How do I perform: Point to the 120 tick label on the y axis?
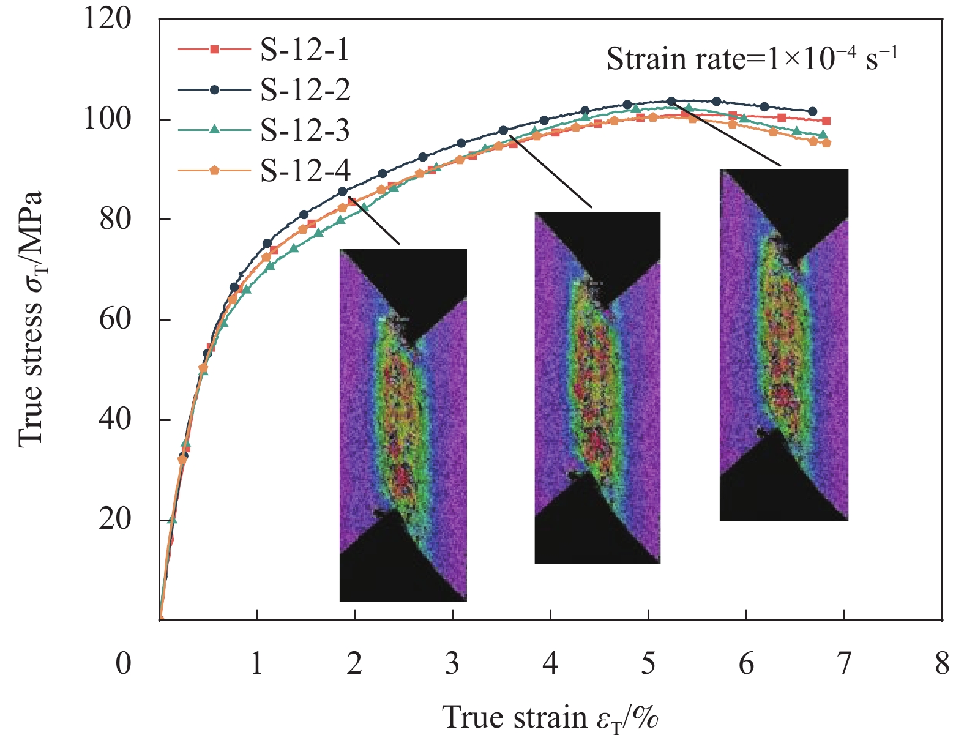click(x=108, y=19)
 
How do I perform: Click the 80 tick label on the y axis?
click(x=116, y=219)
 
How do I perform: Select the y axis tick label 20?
click(x=116, y=520)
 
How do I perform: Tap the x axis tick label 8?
click(x=942, y=663)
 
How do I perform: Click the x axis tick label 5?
click(x=648, y=663)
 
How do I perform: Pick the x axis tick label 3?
click(x=452, y=663)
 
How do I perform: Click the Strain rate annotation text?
click(x=752, y=59)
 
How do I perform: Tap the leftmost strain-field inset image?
click(x=403, y=425)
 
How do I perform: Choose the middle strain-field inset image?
click(x=597, y=387)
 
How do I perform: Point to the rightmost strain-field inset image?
click(x=783, y=345)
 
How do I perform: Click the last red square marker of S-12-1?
click(x=826, y=121)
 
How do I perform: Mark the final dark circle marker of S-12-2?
click(x=812, y=111)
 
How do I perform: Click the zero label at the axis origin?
click(x=124, y=663)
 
